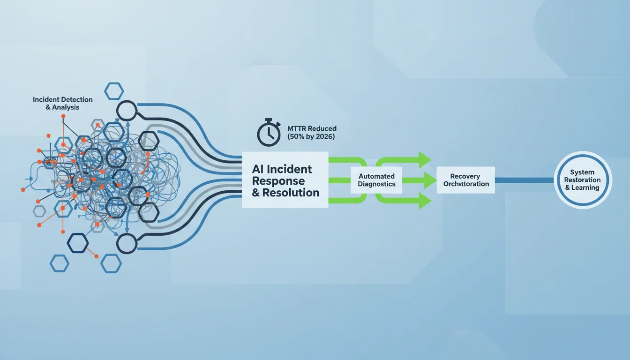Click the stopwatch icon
pos(269,133)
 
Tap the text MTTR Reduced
pos(312,128)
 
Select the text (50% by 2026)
pos(311,137)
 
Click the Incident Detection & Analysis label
pos(63,103)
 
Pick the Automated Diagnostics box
pos(376,180)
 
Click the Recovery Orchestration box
pos(466,180)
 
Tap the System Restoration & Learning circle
pos(583,180)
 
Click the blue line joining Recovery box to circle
pos(525,180)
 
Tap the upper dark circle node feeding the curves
pos(127,111)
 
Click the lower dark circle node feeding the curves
pos(127,244)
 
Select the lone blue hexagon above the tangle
pos(114,91)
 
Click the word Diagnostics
pos(376,184)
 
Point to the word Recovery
pos(465,176)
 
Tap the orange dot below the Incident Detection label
pos(63,116)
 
